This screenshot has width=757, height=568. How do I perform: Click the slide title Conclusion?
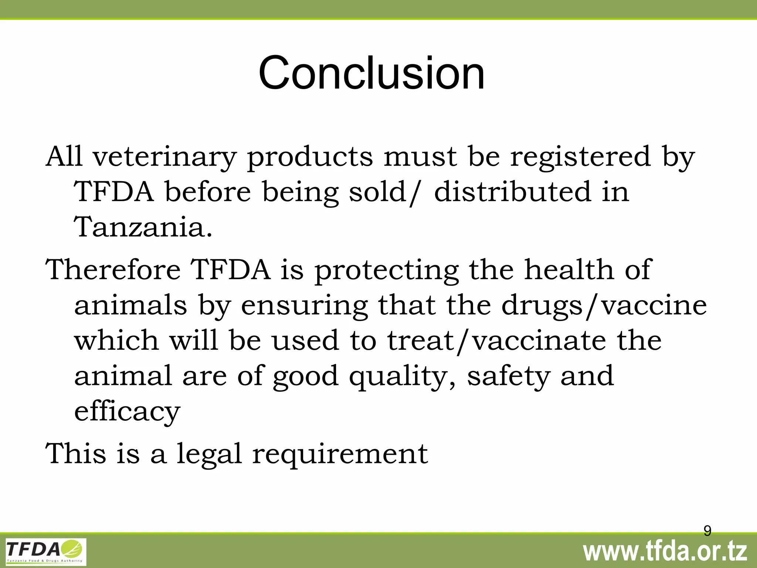click(x=371, y=73)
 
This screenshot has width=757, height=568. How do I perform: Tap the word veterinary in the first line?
click(x=164, y=157)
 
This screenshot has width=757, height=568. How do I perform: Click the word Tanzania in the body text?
click(x=143, y=227)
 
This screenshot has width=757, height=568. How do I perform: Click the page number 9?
click(x=707, y=531)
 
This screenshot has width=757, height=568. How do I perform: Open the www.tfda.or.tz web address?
click(x=665, y=552)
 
